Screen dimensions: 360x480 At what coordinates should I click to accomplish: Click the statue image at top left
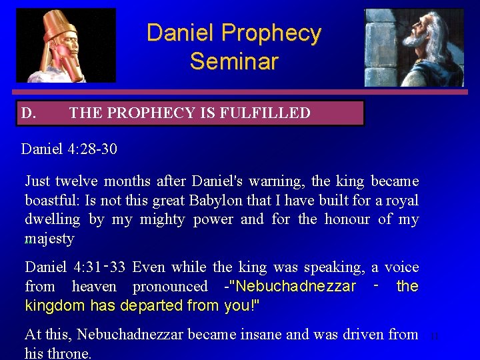(x=66, y=45)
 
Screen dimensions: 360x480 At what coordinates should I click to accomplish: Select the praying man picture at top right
(x=413, y=47)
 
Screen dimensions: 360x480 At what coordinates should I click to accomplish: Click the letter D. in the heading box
(x=29, y=113)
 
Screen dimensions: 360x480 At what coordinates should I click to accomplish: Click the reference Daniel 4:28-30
(x=69, y=149)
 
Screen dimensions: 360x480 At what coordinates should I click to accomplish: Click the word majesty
(x=49, y=239)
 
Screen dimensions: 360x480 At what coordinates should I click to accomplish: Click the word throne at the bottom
(x=73, y=353)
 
